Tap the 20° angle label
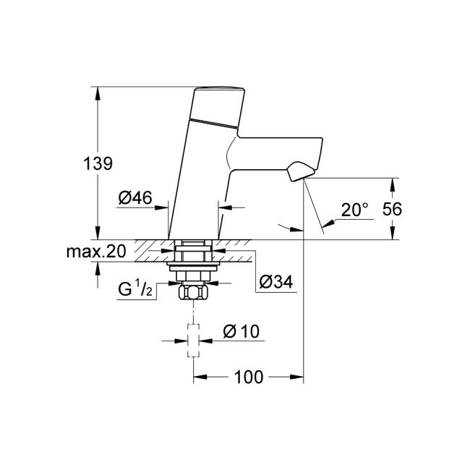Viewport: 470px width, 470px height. pos(355,210)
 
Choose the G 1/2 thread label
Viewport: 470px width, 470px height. pos(135,290)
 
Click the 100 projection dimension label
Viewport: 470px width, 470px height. pos(248,377)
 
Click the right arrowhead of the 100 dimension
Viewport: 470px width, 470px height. pos(299,377)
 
